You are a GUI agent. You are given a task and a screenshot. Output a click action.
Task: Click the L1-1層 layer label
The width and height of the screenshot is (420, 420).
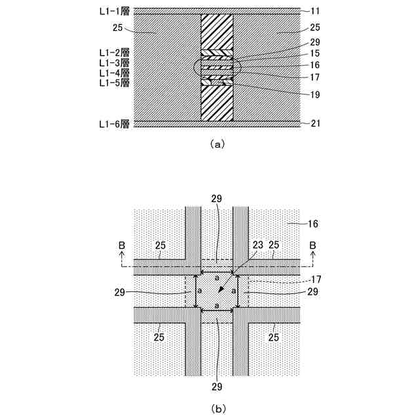click(x=114, y=10)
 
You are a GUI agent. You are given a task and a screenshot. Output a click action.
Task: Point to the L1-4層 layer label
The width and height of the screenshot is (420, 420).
click(x=114, y=72)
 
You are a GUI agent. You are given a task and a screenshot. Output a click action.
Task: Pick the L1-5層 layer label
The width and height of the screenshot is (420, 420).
click(x=114, y=83)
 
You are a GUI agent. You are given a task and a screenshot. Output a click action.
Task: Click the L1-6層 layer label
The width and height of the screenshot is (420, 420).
click(x=114, y=123)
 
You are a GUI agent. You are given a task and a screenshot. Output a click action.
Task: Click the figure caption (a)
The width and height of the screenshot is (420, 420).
click(x=217, y=144)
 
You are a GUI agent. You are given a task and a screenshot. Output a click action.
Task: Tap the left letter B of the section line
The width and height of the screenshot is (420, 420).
click(x=122, y=245)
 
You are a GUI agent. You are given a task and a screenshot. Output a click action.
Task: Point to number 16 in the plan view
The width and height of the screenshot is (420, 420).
click(x=312, y=224)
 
